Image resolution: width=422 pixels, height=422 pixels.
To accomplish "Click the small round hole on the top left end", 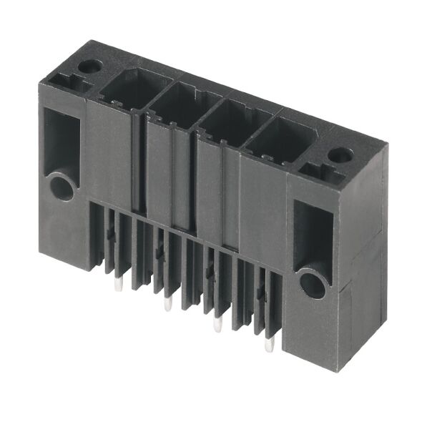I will click(x=89, y=67).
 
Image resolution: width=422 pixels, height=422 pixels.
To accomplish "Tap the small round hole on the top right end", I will click(x=340, y=154).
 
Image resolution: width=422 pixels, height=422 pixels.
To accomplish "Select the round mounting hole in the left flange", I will click(x=62, y=188).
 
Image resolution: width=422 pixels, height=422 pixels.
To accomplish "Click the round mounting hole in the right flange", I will click(x=313, y=285).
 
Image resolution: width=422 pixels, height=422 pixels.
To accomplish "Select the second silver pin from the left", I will click(x=168, y=305).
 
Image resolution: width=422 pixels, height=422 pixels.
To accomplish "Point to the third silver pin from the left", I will click(x=218, y=325).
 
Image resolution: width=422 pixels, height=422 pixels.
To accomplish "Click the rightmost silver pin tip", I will click(x=269, y=345).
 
